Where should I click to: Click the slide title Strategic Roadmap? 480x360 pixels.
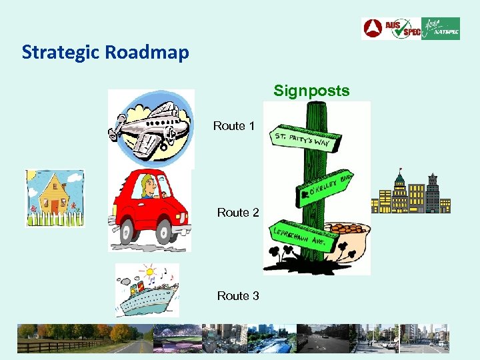[105, 52]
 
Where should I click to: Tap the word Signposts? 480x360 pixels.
[311, 91]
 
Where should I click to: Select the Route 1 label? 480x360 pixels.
[233, 126]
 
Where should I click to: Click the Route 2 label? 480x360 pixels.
[237, 213]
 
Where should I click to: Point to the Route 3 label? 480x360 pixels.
[237, 295]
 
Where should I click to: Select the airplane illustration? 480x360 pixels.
[151, 127]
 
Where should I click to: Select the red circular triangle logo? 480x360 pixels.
[372, 29]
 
